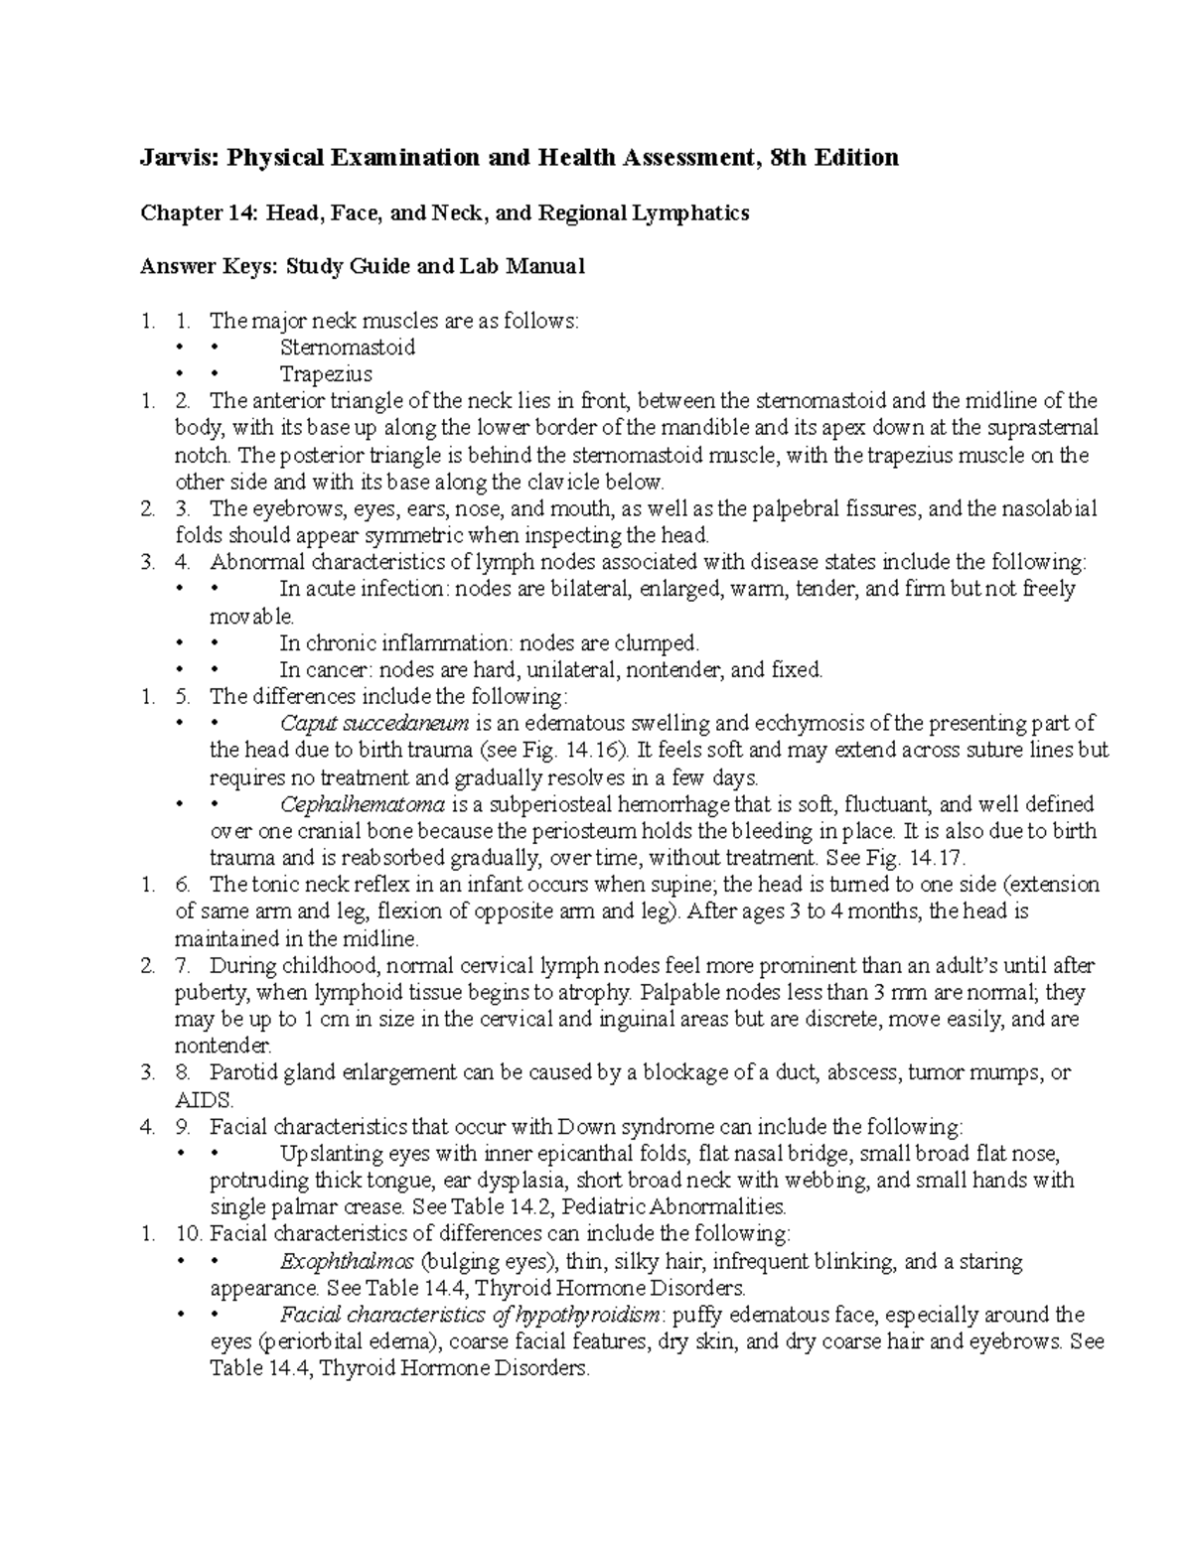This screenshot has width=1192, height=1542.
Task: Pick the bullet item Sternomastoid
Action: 348,348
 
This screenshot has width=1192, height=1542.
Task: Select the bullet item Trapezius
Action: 326,374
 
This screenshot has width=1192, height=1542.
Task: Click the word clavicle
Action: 585,482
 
